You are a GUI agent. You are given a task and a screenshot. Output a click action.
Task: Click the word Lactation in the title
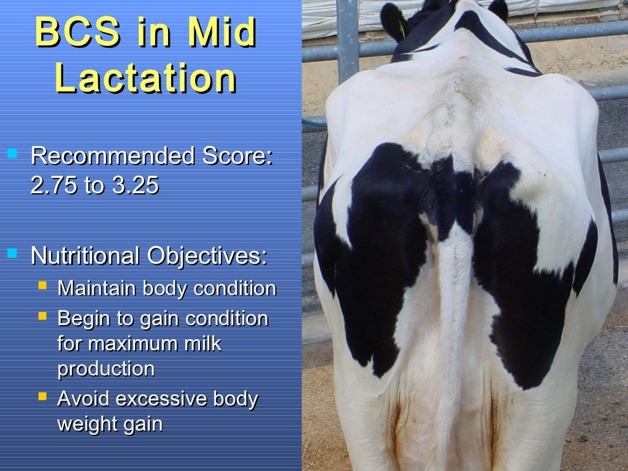coord(145,78)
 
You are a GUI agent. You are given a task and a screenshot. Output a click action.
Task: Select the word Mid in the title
coord(221,33)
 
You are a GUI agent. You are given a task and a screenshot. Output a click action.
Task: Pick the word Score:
coord(234,156)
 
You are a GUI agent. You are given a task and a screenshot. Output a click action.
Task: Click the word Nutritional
coord(84,256)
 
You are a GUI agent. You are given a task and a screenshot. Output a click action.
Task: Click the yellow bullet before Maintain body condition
coord(42,286)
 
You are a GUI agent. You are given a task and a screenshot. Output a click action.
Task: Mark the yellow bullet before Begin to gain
coord(42,316)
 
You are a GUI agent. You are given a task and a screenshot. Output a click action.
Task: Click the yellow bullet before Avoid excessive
coord(42,397)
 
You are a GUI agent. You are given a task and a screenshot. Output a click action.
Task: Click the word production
coord(105,369)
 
